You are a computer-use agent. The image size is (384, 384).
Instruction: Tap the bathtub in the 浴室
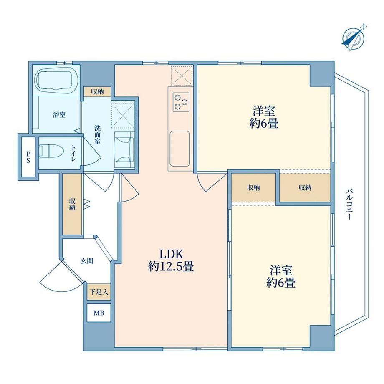57,80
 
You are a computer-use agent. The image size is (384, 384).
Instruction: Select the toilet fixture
51,151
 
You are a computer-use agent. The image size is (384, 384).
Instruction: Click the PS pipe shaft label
29,157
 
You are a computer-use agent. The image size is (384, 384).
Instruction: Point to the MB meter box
99,313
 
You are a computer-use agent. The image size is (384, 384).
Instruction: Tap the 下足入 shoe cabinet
99,292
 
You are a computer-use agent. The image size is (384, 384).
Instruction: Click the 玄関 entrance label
87,261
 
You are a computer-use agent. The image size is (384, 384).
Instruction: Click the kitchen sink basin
180,149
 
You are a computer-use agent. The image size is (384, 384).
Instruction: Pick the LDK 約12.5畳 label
171,260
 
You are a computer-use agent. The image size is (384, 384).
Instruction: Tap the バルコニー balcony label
349,204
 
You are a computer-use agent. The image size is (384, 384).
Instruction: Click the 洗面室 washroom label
98,134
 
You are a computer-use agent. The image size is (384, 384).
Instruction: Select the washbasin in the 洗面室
124,149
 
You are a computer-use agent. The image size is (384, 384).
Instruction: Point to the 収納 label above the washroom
97,92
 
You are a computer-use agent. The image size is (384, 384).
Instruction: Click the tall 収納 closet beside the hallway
72,204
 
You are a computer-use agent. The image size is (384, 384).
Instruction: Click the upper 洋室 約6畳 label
264,117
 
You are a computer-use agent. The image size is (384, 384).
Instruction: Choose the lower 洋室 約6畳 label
281,276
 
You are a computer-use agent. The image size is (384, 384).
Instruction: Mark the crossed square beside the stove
182,76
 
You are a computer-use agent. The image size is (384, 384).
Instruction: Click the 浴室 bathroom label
59,115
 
